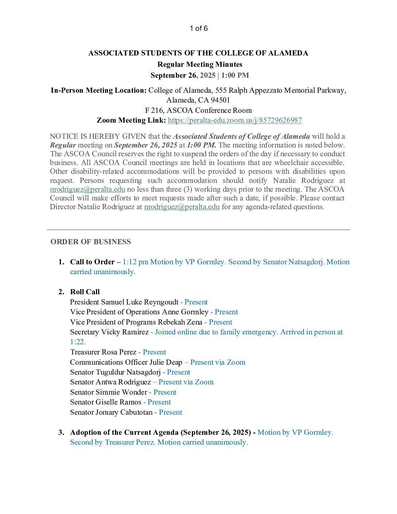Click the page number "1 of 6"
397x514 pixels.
pos(198,28)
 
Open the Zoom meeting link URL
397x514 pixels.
pos(235,120)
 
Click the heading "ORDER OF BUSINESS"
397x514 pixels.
pos(90,242)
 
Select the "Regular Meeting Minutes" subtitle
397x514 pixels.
pos(200,64)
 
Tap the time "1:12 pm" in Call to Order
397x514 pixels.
pos(135,262)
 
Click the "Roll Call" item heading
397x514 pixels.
pos(85,292)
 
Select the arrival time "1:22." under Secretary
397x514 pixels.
pos(78,342)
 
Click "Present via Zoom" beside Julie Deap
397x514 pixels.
pos(217,362)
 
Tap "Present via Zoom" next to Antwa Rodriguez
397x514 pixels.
pos(186,382)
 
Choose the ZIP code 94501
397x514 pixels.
pos(220,100)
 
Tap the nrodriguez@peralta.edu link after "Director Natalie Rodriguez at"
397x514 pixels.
pos(182,207)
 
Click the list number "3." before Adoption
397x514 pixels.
pos(61,432)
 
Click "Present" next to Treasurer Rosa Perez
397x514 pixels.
pos(154,352)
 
